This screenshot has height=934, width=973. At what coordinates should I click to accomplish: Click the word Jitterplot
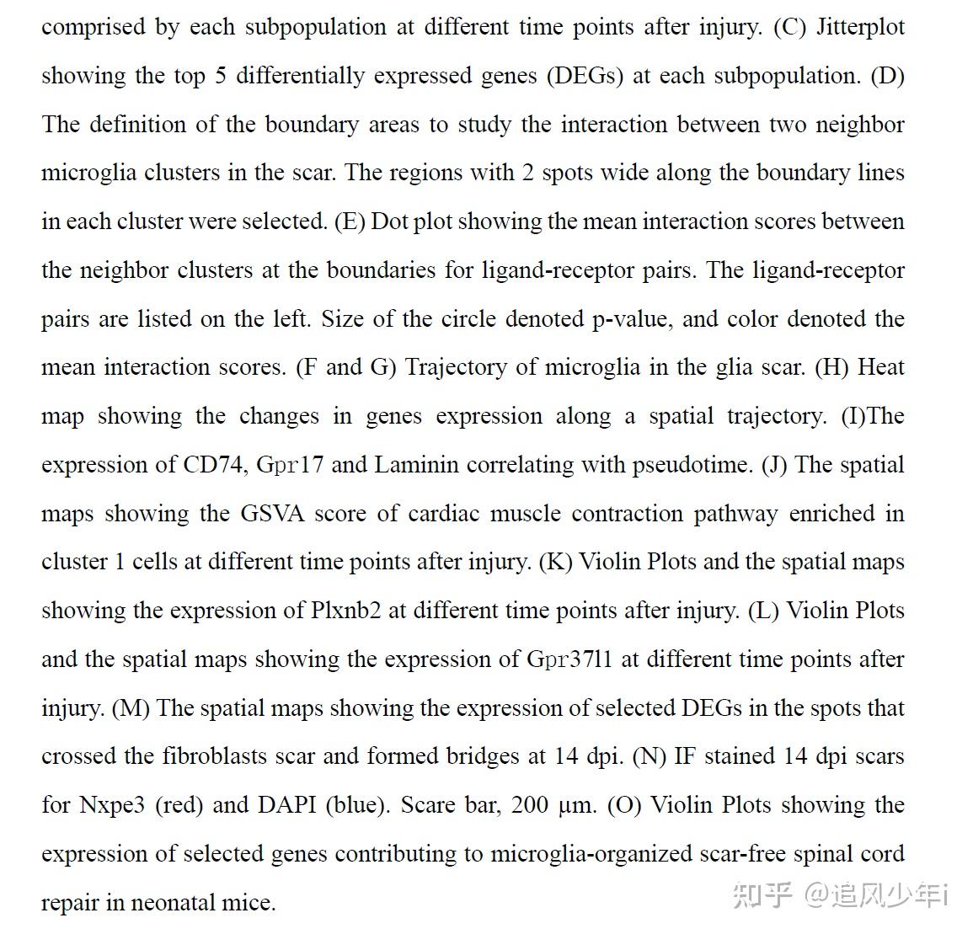tap(861, 27)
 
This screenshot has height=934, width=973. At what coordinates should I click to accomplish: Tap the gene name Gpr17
tap(290, 464)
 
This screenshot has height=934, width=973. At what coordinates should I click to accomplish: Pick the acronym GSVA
tap(271, 513)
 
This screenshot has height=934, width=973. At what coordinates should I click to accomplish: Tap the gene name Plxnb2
tap(345, 611)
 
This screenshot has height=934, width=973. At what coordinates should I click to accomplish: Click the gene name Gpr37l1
tap(569, 659)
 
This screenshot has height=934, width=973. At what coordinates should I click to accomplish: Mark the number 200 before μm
tap(530, 805)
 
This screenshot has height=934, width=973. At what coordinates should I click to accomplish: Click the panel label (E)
tap(348, 221)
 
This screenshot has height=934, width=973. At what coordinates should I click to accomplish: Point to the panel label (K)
tap(554, 562)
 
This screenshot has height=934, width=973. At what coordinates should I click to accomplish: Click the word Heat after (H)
tap(880, 367)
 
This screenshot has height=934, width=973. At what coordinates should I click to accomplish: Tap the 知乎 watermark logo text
tap(762, 894)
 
